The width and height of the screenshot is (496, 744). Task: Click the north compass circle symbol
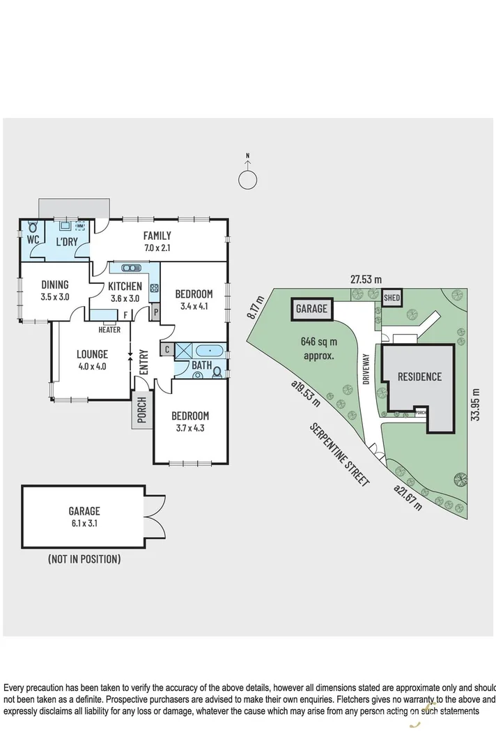(248, 179)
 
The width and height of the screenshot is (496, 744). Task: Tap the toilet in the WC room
(31, 228)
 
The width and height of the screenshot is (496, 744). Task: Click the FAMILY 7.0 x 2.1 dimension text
(157, 248)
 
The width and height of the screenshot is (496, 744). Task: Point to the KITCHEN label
(125, 286)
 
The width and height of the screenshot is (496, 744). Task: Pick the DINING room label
(54, 284)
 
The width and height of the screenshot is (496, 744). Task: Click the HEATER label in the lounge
(109, 330)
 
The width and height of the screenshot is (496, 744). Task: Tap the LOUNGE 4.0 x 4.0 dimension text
(91, 366)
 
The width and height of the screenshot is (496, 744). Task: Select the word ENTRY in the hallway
(144, 361)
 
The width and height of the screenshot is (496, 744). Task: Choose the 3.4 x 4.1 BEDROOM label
(193, 305)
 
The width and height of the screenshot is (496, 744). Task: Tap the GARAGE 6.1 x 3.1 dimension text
(84, 522)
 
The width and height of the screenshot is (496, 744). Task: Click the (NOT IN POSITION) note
(84, 559)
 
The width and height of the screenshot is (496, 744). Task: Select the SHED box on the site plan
(392, 298)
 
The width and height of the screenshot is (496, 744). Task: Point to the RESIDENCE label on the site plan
(419, 377)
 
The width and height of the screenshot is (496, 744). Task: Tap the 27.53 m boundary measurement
(366, 279)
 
